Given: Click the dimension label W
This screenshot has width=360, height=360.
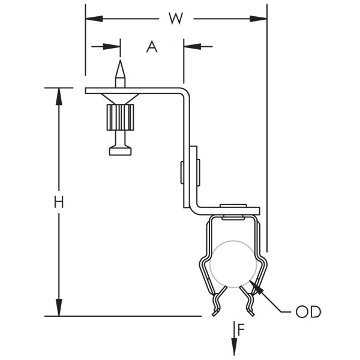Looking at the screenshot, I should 175,19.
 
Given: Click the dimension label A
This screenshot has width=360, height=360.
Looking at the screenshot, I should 152,46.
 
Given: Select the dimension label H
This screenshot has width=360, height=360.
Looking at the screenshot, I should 58,202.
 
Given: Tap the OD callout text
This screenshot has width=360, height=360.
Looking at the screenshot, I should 308,312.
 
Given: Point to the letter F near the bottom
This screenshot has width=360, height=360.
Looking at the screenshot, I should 241,329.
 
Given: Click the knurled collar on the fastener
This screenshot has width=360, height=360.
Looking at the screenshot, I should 121,118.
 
